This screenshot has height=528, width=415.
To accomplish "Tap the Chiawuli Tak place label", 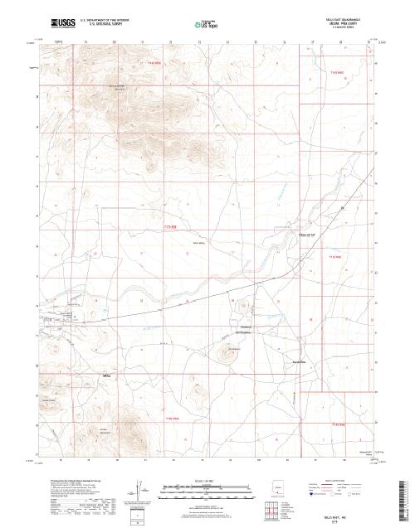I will click(309, 235).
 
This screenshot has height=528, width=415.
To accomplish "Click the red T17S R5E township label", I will click(170, 225).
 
